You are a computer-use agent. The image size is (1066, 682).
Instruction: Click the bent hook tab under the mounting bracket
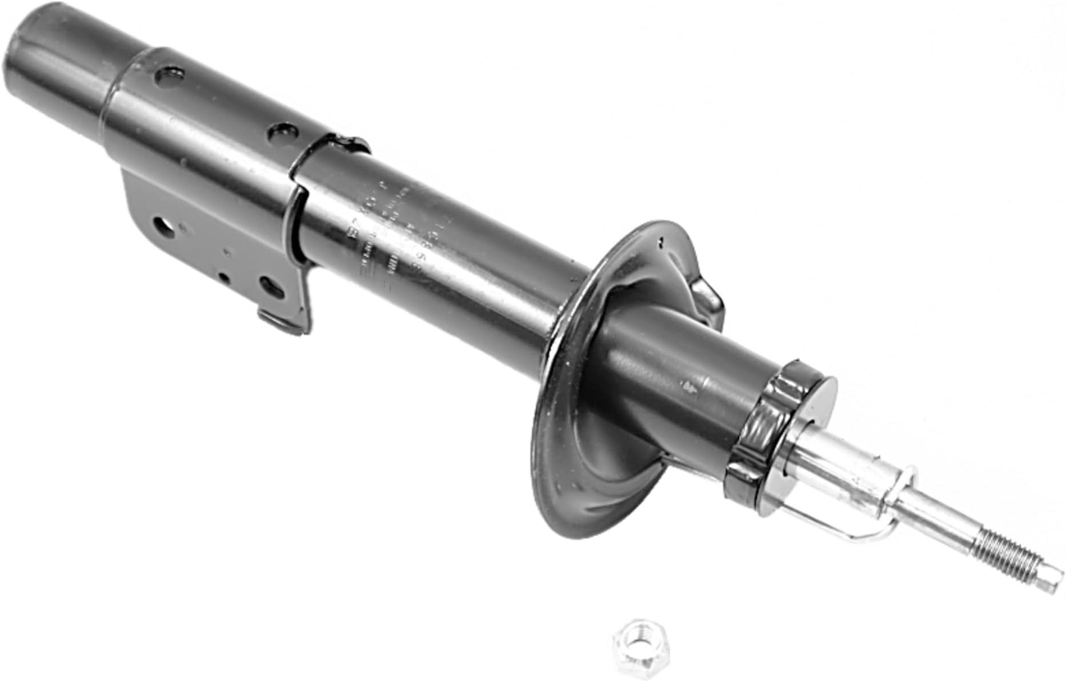point(283,323)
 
